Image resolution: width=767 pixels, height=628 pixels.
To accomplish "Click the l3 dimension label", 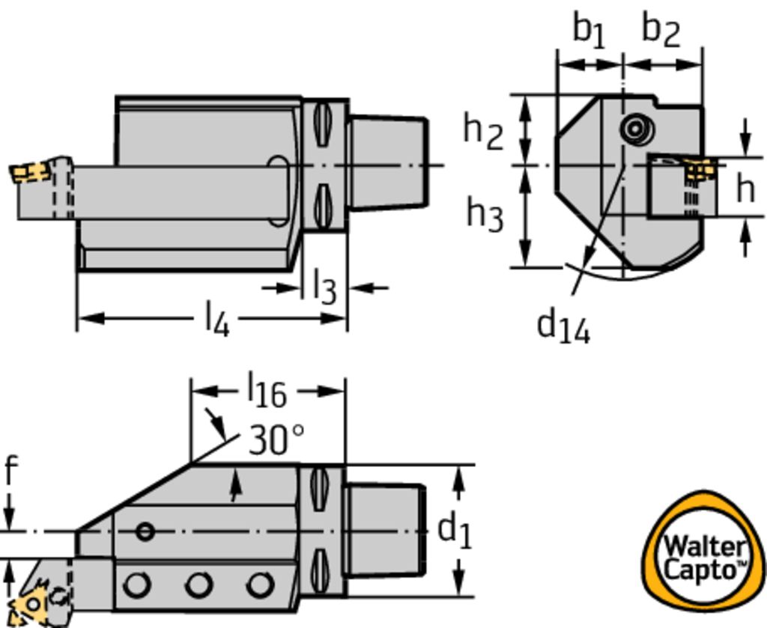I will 324,287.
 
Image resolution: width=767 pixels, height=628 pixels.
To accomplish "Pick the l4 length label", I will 216,319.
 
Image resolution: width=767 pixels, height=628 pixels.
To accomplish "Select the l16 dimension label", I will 266,391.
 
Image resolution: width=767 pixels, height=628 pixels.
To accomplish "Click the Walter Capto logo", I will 705,558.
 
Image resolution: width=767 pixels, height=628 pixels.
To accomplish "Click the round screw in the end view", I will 635,129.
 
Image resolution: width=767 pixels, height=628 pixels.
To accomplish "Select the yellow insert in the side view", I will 31,173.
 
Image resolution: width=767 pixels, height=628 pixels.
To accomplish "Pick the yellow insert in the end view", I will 700,171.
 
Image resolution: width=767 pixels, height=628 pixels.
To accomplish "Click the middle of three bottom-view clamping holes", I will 198,584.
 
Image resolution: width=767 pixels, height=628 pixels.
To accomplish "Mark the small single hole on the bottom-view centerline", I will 145,531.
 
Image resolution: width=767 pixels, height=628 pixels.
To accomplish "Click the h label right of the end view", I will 745,188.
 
